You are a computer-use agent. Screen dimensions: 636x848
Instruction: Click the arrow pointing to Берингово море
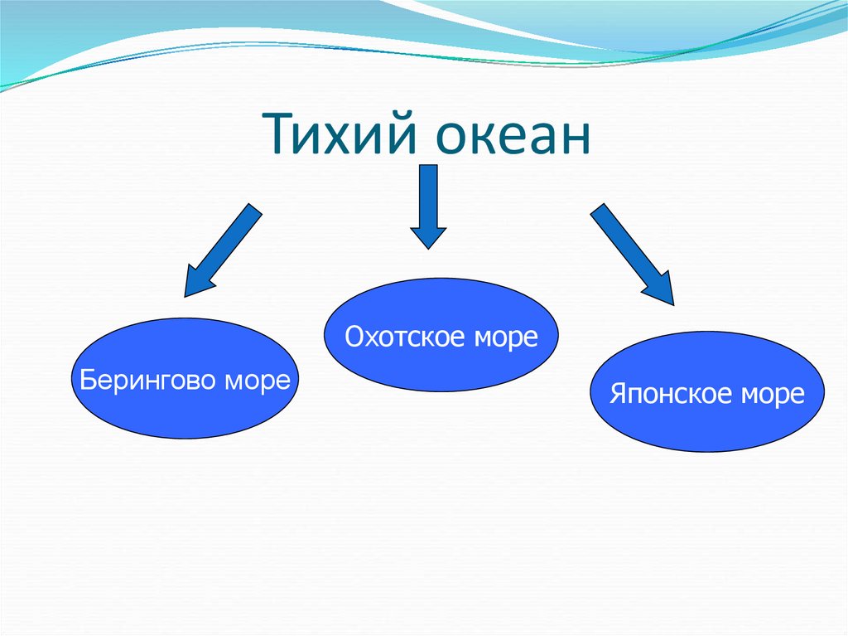tap(221, 250)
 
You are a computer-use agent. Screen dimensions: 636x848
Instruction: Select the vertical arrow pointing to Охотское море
tap(427, 206)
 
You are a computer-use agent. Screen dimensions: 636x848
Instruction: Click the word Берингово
tap(146, 381)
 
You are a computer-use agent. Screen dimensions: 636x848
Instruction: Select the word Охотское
tap(396, 337)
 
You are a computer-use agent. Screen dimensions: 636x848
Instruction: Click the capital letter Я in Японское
tap(618, 393)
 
